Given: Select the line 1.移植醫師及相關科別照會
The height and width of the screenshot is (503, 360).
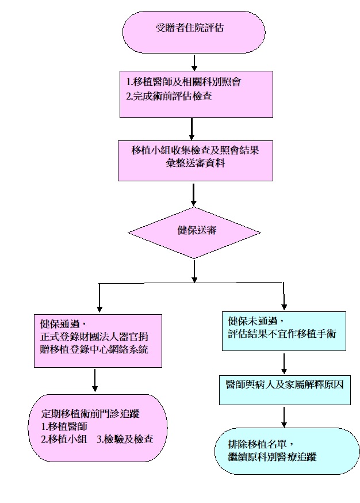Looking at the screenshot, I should [183, 81].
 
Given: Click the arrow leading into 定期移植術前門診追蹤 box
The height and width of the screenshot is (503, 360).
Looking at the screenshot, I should [95, 380].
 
